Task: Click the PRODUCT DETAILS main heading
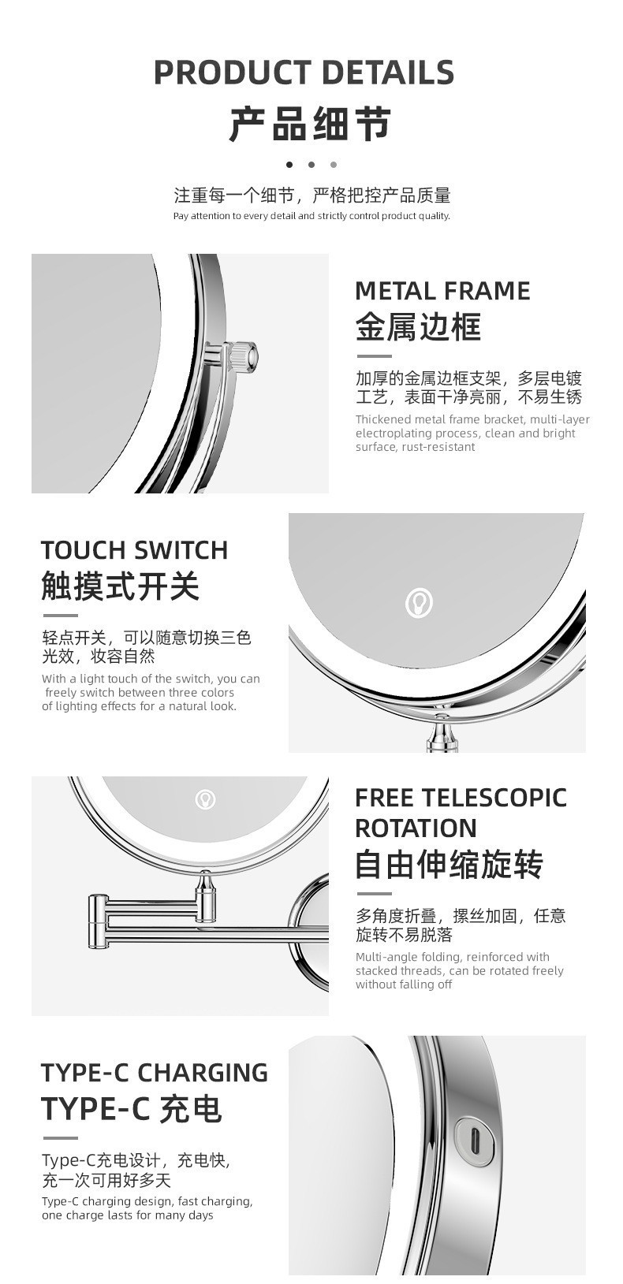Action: pos(304,73)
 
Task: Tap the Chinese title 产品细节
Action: pos(311,124)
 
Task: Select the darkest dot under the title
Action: pos(289,165)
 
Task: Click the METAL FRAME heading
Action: pos(442,291)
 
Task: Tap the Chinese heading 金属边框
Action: pos(418,327)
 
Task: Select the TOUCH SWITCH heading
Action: pos(134,550)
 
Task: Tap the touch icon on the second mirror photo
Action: pos(419,602)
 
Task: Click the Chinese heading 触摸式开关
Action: pos(121,586)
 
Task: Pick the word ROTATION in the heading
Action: pos(416,828)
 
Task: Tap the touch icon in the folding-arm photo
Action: pos(205,799)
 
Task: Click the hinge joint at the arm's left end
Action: pos(98,921)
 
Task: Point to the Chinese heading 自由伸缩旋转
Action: pos(450,865)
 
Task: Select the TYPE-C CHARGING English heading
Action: pos(155,1073)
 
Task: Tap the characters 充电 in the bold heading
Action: pos(191,1108)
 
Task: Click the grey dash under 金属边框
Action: pos(374,356)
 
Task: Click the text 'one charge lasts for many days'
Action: pos(127,1215)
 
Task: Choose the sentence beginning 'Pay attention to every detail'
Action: pos(311,216)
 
